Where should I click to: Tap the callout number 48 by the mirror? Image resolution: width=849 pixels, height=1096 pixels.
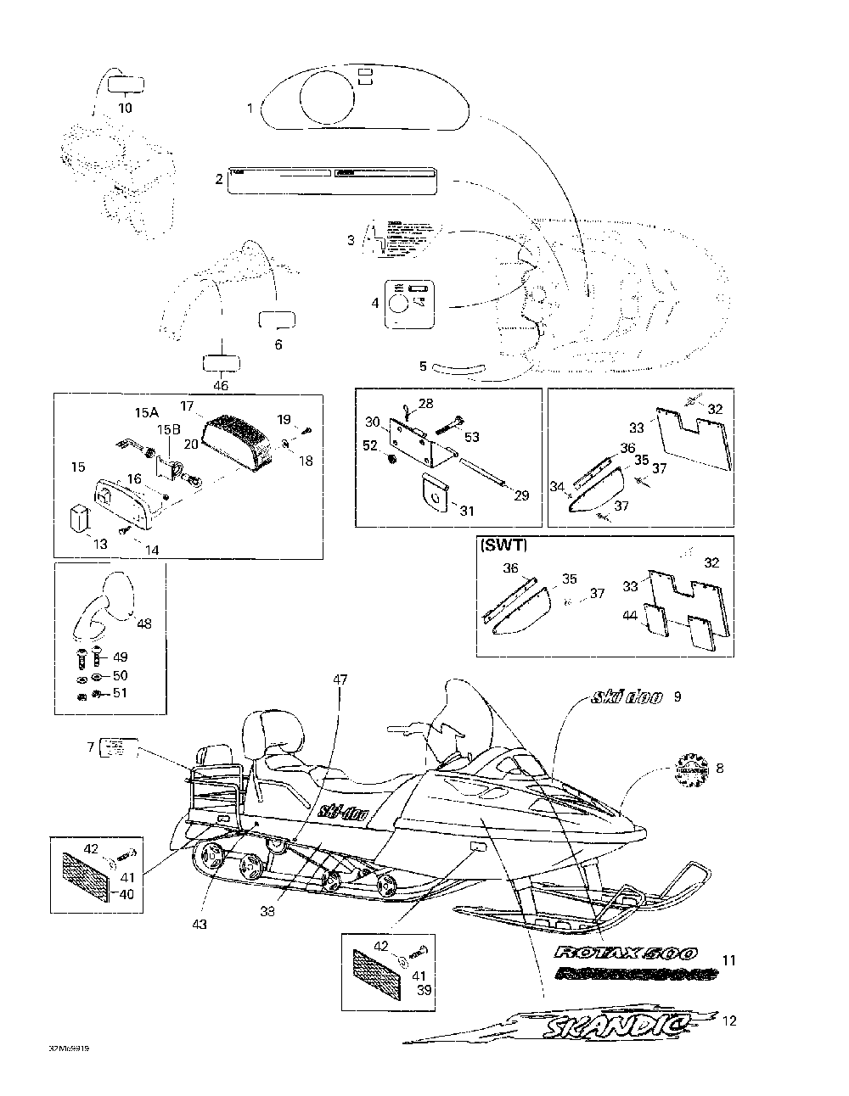click(x=144, y=623)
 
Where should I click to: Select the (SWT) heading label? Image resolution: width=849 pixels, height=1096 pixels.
click(x=503, y=545)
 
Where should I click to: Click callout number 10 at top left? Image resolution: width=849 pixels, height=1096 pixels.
click(x=125, y=108)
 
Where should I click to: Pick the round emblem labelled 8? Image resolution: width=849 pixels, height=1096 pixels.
click(x=689, y=769)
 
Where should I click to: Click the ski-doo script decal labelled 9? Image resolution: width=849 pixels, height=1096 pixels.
click(x=627, y=698)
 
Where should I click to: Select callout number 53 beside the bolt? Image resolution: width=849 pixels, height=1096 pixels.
click(x=472, y=437)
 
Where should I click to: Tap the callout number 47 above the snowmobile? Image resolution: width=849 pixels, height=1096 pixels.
click(x=340, y=679)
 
